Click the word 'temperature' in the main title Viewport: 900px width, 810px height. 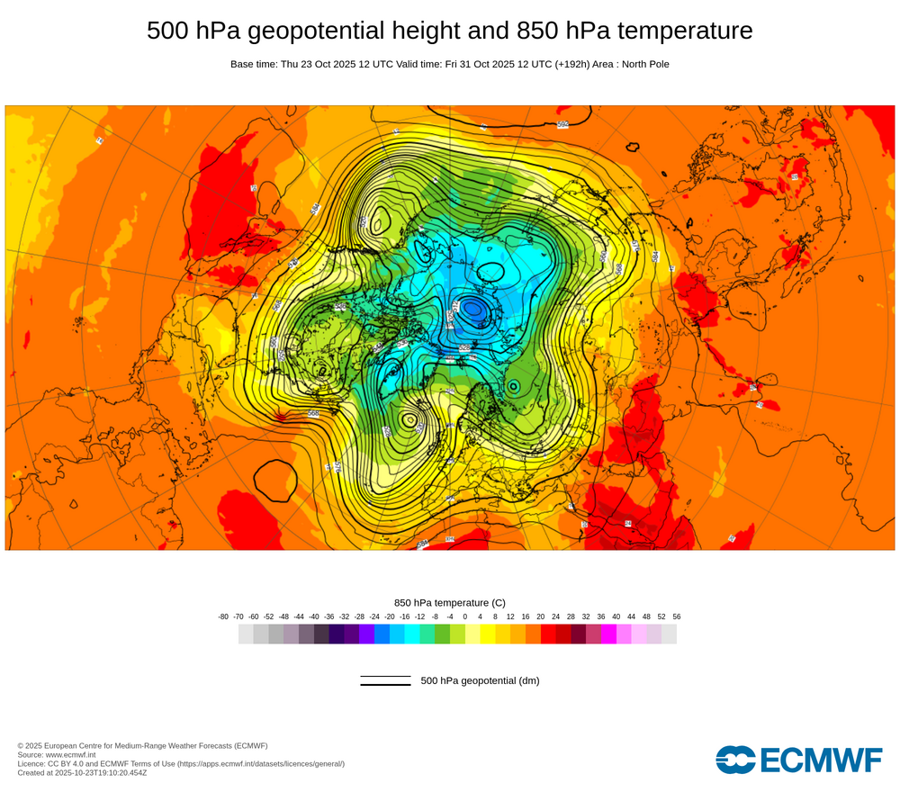684,31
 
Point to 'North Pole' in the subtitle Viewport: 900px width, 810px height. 643,64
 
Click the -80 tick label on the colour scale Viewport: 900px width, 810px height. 223,616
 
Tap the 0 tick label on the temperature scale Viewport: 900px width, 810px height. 465,616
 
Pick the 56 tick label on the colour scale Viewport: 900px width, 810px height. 676,616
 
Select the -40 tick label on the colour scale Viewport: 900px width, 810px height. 314,616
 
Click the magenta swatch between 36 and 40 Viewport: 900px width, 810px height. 608,634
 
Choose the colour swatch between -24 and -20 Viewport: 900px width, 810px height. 382,634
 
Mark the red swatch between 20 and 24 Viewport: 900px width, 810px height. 548,634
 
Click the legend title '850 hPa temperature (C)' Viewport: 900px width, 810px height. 450,602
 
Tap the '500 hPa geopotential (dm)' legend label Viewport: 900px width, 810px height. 480,680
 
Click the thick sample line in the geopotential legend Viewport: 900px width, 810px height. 385,685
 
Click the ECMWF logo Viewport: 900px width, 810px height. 799,760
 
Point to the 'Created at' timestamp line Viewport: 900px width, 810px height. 82,772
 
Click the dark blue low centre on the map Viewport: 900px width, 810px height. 473,310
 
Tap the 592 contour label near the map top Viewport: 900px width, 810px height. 563,124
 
